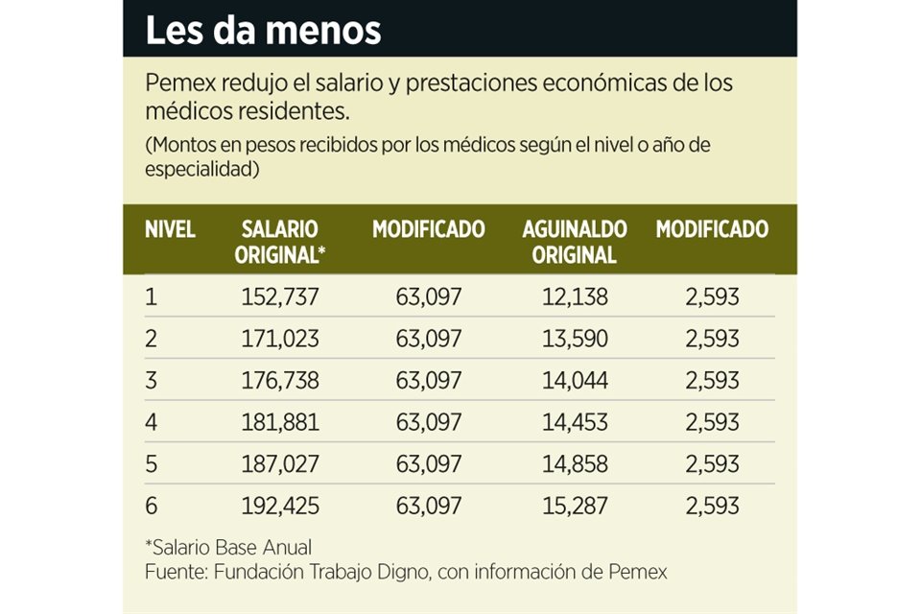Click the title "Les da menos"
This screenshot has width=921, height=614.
point(263,30)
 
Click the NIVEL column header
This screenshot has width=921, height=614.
point(170,230)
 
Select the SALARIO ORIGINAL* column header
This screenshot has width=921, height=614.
point(279,242)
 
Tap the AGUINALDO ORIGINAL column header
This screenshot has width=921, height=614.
point(574,242)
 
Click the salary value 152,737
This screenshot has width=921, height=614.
point(277,297)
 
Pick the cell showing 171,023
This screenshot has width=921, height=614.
point(277,339)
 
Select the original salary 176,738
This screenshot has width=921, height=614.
point(277,381)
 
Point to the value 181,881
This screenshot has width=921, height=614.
point(277,422)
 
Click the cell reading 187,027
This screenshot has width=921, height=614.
point(277,464)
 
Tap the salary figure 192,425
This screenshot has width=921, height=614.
point(277,506)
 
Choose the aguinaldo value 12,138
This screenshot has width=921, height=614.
point(574,297)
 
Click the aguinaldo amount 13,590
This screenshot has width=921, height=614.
point(574,339)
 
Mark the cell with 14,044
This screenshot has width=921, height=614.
point(574,381)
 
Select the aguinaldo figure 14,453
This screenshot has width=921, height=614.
point(574,422)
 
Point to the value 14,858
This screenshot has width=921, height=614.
point(574,464)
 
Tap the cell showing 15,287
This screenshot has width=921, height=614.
point(574,506)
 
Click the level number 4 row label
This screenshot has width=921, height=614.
point(152,422)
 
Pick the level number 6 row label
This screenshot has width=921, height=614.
point(152,506)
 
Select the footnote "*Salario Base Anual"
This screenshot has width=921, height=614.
point(228,548)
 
